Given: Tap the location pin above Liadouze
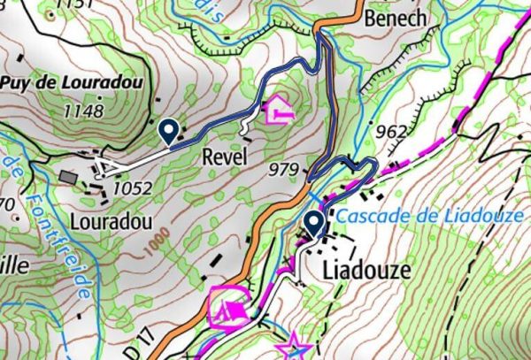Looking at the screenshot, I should point(314,224).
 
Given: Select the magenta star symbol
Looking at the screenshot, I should point(292,346).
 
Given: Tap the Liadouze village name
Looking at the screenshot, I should point(366,269).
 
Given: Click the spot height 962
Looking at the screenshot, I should point(391,133).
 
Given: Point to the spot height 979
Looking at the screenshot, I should point(283,169).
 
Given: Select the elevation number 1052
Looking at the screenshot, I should point(133,188).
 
